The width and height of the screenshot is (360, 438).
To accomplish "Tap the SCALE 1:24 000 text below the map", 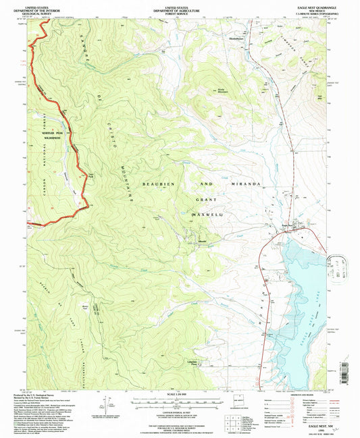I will click(178, 395).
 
